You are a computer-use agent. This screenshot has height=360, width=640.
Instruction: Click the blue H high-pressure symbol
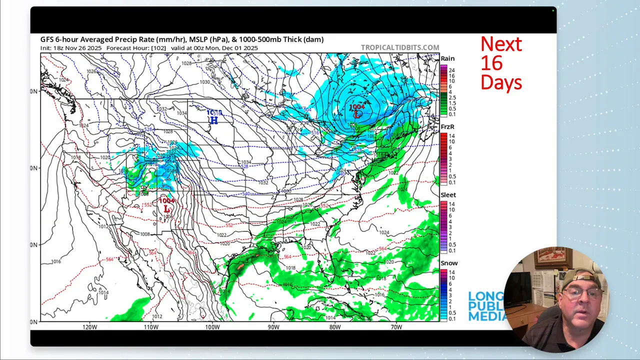click(214, 120)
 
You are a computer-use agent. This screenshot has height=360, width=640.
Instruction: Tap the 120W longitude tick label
click(90, 327)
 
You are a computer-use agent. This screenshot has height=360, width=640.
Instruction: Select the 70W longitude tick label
click(396, 327)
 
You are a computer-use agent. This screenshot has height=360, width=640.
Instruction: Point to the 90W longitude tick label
click(273, 327)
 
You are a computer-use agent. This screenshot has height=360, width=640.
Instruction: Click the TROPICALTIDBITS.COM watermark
click(400, 47)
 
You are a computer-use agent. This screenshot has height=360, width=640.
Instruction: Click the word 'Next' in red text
click(501, 44)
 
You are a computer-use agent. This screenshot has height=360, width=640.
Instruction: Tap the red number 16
click(491, 63)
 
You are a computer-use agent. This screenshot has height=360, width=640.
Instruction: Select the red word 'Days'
click(501, 82)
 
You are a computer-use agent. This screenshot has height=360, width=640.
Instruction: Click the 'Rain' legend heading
click(447, 58)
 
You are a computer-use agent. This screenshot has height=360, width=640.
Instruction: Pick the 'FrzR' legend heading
click(447, 127)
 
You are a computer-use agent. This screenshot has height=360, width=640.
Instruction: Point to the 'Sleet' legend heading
click(448, 195)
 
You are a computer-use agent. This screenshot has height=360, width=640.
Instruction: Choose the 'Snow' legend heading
click(449, 263)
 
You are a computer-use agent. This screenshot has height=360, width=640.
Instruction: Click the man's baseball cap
click(581, 278)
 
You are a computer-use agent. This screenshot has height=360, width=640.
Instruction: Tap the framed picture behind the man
click(552, 258)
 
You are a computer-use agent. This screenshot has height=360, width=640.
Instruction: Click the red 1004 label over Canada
click(357, 107)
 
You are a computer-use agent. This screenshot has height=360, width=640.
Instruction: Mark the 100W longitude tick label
click(212, 327)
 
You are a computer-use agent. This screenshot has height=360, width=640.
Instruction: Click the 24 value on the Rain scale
click(451, 70)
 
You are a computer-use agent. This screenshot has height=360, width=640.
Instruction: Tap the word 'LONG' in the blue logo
click(485, 296)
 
